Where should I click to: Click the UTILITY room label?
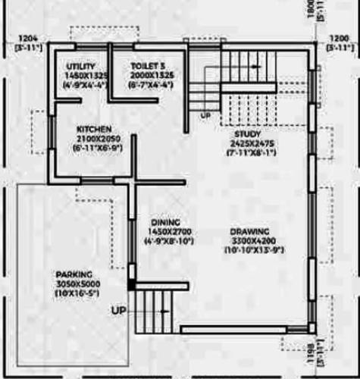click(80, 67)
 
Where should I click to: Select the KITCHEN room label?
click(95, 130)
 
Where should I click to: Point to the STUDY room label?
click(246, 134)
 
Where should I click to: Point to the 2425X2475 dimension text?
click(246, 143)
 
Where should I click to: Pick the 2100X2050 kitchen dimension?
click(95, 139)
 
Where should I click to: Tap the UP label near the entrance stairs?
click(119, 311)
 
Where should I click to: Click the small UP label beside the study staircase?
click(205, 116)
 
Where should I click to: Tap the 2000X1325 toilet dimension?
click(152, 76)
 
